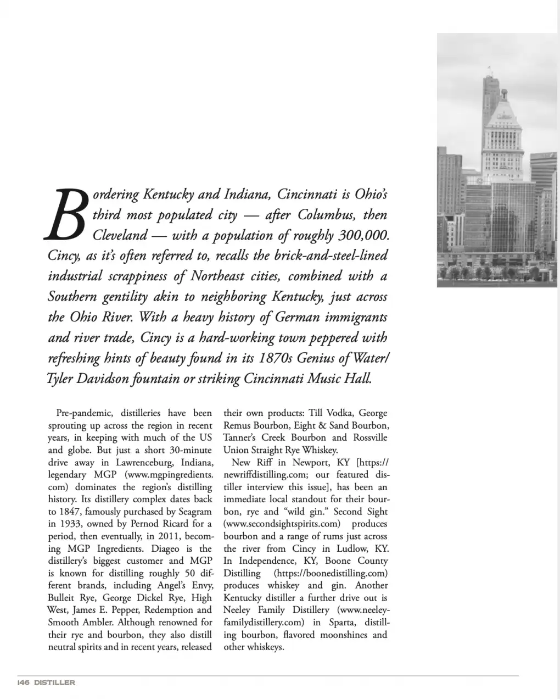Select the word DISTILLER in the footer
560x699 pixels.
54,683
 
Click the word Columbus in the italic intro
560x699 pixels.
326,215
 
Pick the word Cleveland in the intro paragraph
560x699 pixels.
120,235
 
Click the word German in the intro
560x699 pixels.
317,317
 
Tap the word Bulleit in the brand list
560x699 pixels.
62,597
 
